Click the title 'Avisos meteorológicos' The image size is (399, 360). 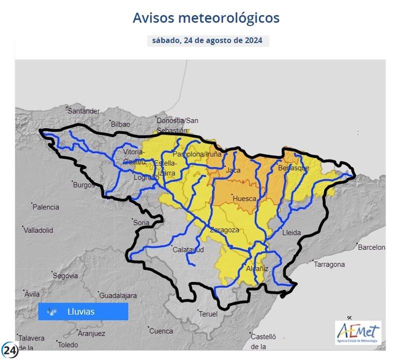206,18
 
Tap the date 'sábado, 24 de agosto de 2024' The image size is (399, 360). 208,40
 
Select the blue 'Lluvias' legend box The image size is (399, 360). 83,312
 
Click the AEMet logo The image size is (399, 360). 358,333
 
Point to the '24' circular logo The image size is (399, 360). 9,350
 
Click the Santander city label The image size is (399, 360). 84,111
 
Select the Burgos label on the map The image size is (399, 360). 84,185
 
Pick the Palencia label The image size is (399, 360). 46,207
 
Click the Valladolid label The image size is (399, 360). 38,230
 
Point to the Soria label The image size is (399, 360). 141,223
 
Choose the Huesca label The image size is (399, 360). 244,198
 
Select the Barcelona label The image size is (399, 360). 372,247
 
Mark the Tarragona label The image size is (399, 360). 330,264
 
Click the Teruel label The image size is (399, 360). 208,314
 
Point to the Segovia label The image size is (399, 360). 65,276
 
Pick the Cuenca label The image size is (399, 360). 161,331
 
